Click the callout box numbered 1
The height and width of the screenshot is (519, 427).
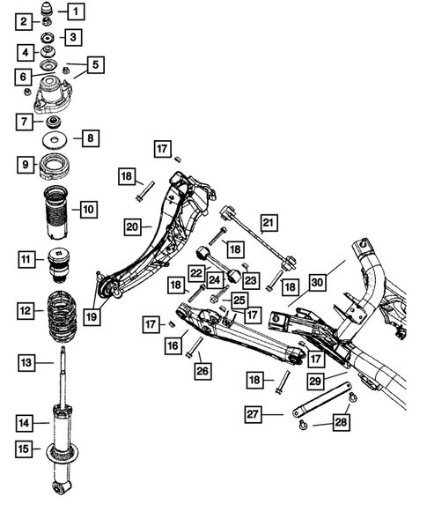pyautogui.click(x=77, y=12)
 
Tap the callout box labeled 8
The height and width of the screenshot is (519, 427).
pyautogui.click(x=90, y=138)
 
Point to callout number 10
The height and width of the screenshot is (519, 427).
pyautogui.click(x=88, y=210)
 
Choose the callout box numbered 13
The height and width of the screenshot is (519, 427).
pyautogui.click(x=27, y=362)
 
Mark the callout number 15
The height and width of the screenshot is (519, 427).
pyautogui.click(x=27, y=449)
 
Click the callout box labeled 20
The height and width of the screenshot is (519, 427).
pyautogui.click(x=132, y=227)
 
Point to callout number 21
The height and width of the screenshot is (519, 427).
pyautogui.click(x=269, y=223)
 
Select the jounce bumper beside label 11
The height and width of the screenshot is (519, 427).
pyautogui.click(x=58, y=263)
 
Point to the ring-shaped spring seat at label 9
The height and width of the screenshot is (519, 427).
pyautogui.click(x=57, y=165)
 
